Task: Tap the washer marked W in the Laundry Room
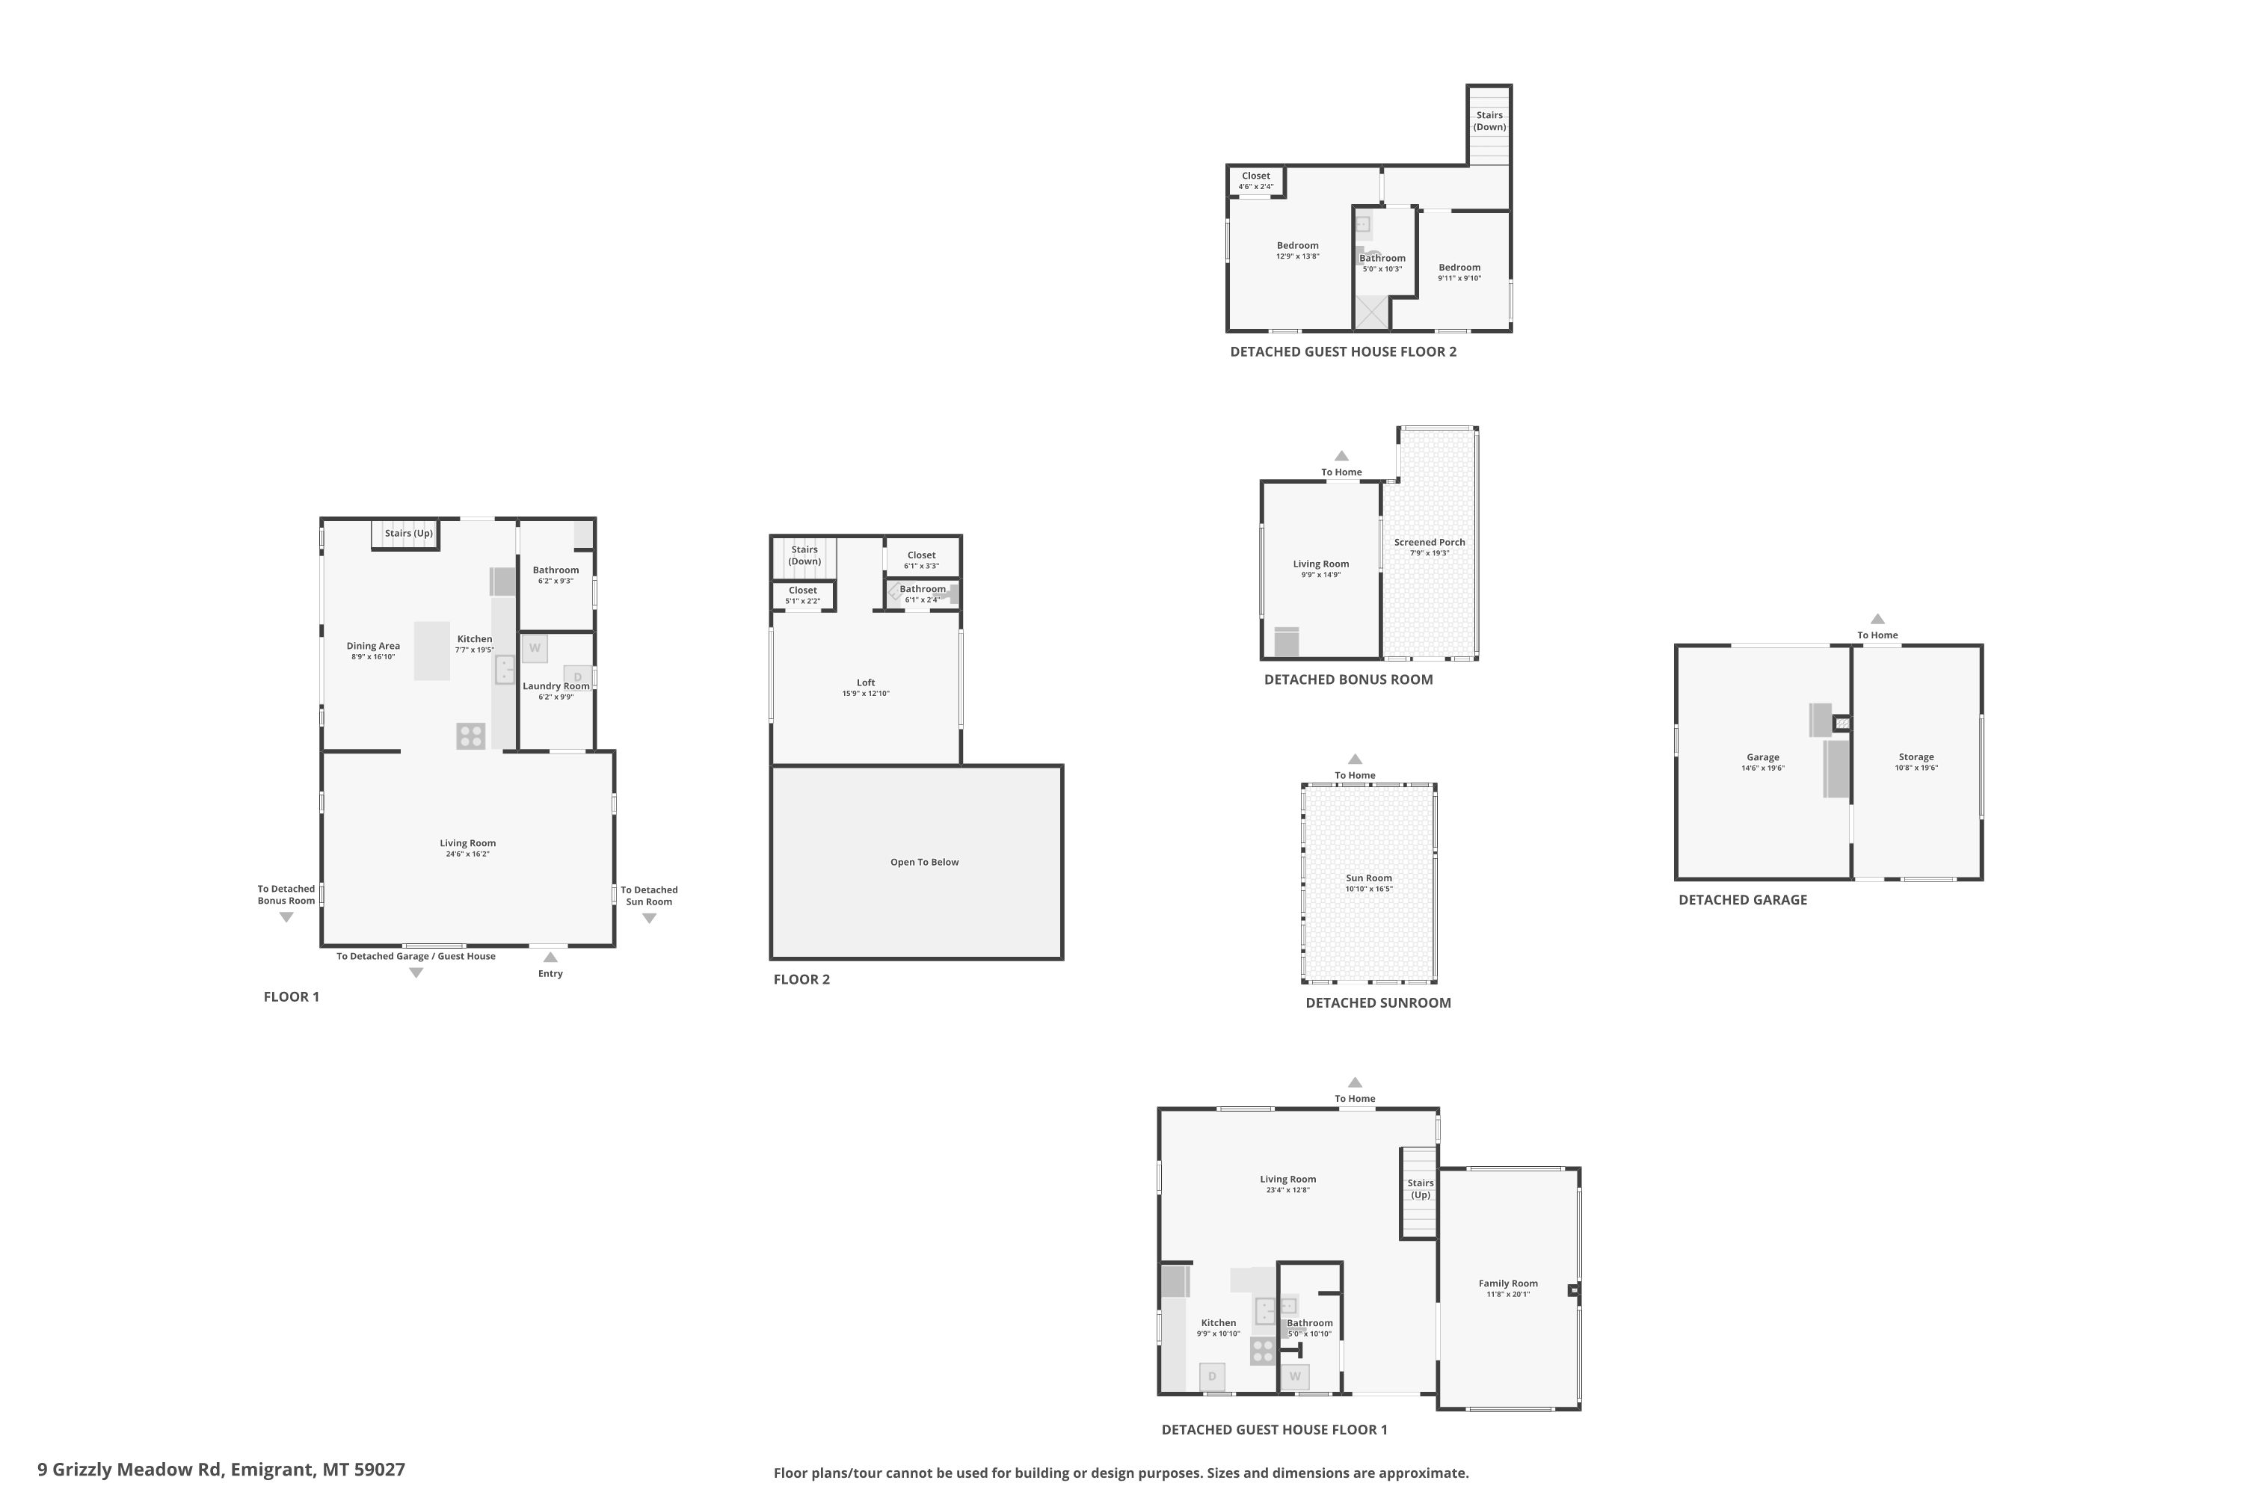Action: [x=535, y=648]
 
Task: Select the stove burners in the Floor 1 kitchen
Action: [x=471, y=736]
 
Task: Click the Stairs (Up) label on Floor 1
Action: [x=409, y=533]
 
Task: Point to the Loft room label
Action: [x=866, y=682]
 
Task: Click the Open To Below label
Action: [x=925, y=862]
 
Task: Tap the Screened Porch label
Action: [x=1430, y=543]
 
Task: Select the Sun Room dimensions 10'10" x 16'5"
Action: [x=1370, y=889]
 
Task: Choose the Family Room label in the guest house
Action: [x=1509, y=1283]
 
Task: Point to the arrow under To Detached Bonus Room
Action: [x=286, y=917]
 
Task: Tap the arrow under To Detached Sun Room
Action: [x=650, y=918]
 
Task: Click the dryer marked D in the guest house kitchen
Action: [x=1212, y=1377]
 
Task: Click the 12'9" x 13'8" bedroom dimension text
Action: [x=1298, y=256]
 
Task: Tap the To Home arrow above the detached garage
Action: [x=1877, y=619]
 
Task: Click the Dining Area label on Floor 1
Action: [x=374, y=646]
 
